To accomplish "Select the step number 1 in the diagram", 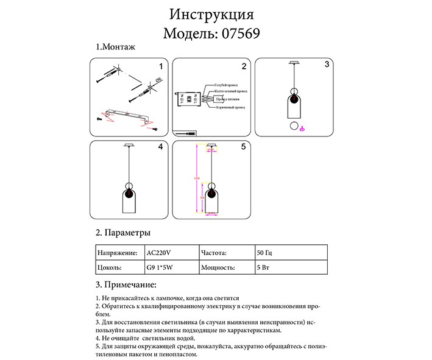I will (160, 66).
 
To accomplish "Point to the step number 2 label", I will (243, 66).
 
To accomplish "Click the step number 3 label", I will (327, 64).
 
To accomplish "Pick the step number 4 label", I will (160, 147).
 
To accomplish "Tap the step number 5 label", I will (243, 147).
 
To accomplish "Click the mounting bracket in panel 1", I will (127, 115).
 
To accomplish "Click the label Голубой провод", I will (226, 85).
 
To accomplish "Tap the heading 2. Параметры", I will (123, 233).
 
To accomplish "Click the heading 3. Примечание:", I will (127, 284).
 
